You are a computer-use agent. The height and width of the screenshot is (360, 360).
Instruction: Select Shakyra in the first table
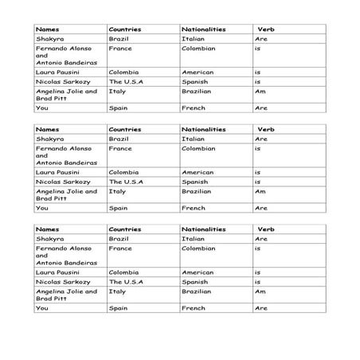49,38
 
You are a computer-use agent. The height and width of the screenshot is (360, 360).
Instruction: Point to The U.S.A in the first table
125,81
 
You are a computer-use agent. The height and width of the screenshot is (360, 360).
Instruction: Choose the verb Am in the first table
260,91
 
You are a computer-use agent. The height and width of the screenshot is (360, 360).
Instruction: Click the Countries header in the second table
125,129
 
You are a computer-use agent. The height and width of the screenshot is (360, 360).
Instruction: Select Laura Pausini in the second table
57,172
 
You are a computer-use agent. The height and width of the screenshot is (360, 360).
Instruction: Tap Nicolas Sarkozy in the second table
61,182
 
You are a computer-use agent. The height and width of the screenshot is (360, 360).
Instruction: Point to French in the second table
194,208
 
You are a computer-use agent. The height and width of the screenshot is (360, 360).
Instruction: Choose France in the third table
120,248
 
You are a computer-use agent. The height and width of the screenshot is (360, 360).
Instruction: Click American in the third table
198,272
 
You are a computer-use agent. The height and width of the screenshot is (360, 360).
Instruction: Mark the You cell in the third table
41,308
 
